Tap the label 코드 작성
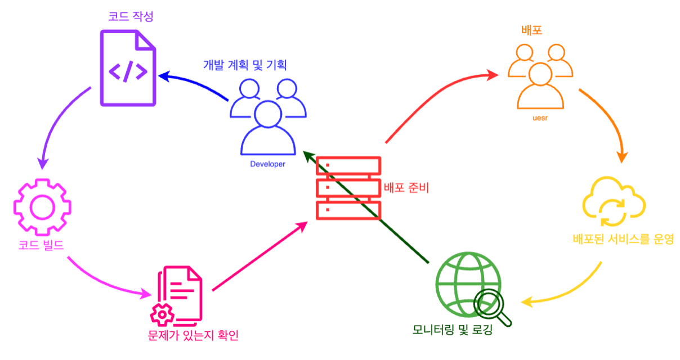point(132,15)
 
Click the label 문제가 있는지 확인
point(192,336)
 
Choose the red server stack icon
point(348,188)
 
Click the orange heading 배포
point(532,30)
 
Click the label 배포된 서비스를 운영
point(623,240)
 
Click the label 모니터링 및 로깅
point(452,330)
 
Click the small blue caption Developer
point(267,165)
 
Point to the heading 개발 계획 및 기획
point(245,64)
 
